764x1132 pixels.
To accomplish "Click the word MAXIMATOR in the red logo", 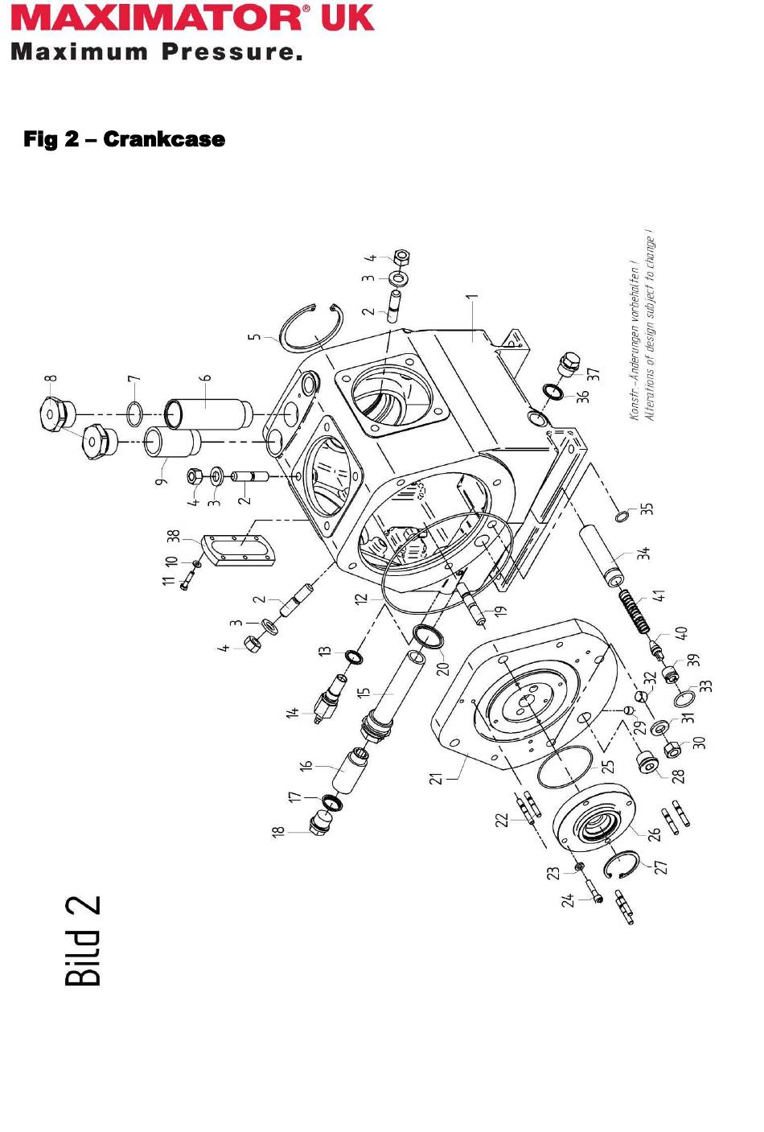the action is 158,19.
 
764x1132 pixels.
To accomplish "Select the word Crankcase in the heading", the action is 164,139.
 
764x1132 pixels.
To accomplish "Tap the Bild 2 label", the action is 83,941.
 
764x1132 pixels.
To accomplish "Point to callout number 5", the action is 257,337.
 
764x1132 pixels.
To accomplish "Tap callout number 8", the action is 52,378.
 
